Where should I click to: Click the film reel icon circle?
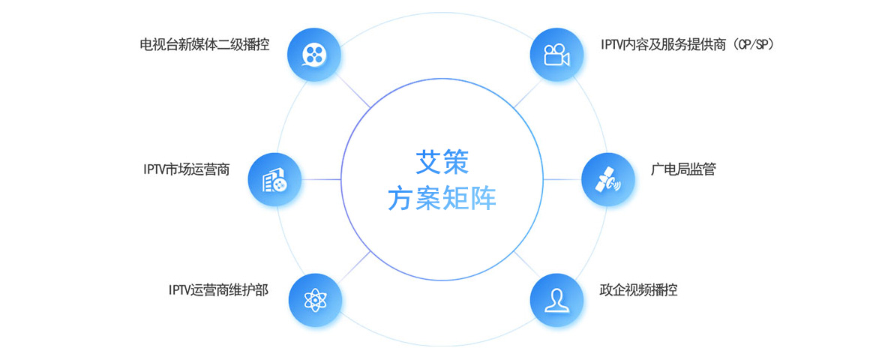point(315,53)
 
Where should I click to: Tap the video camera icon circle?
point(556,53)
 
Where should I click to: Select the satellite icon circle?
point(608,179)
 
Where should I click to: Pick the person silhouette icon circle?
point(556,300)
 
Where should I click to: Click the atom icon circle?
point(315,300)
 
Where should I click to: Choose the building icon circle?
point(274,179)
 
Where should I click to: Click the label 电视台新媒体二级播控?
point(204,45)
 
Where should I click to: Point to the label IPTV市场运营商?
point(187,169)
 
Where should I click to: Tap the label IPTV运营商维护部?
point(218,289)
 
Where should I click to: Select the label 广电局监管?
point(683,169)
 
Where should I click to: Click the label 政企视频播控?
point(638,289)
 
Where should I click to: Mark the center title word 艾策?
point(442,159)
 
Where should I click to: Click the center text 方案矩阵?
point(442,199)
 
